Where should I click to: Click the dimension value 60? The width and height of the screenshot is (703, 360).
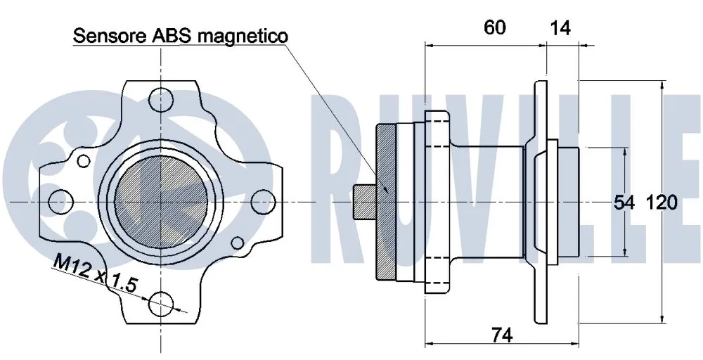coord(495,27)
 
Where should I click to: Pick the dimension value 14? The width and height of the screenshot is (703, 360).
coord(560,27)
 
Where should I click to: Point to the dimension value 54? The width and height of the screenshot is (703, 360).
coord(624,203)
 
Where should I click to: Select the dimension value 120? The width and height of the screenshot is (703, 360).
coord(662,203)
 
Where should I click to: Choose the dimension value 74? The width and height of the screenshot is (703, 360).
coord(501,336)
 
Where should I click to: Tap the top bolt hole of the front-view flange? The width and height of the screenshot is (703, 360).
coord(161,98)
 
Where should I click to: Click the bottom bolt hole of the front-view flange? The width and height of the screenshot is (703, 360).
coord(161,303)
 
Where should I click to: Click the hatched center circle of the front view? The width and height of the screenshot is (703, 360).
coord(161,200)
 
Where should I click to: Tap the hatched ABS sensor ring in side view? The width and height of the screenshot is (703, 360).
coord(387,201)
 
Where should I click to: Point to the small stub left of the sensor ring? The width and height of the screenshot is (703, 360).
coord(364,201)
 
